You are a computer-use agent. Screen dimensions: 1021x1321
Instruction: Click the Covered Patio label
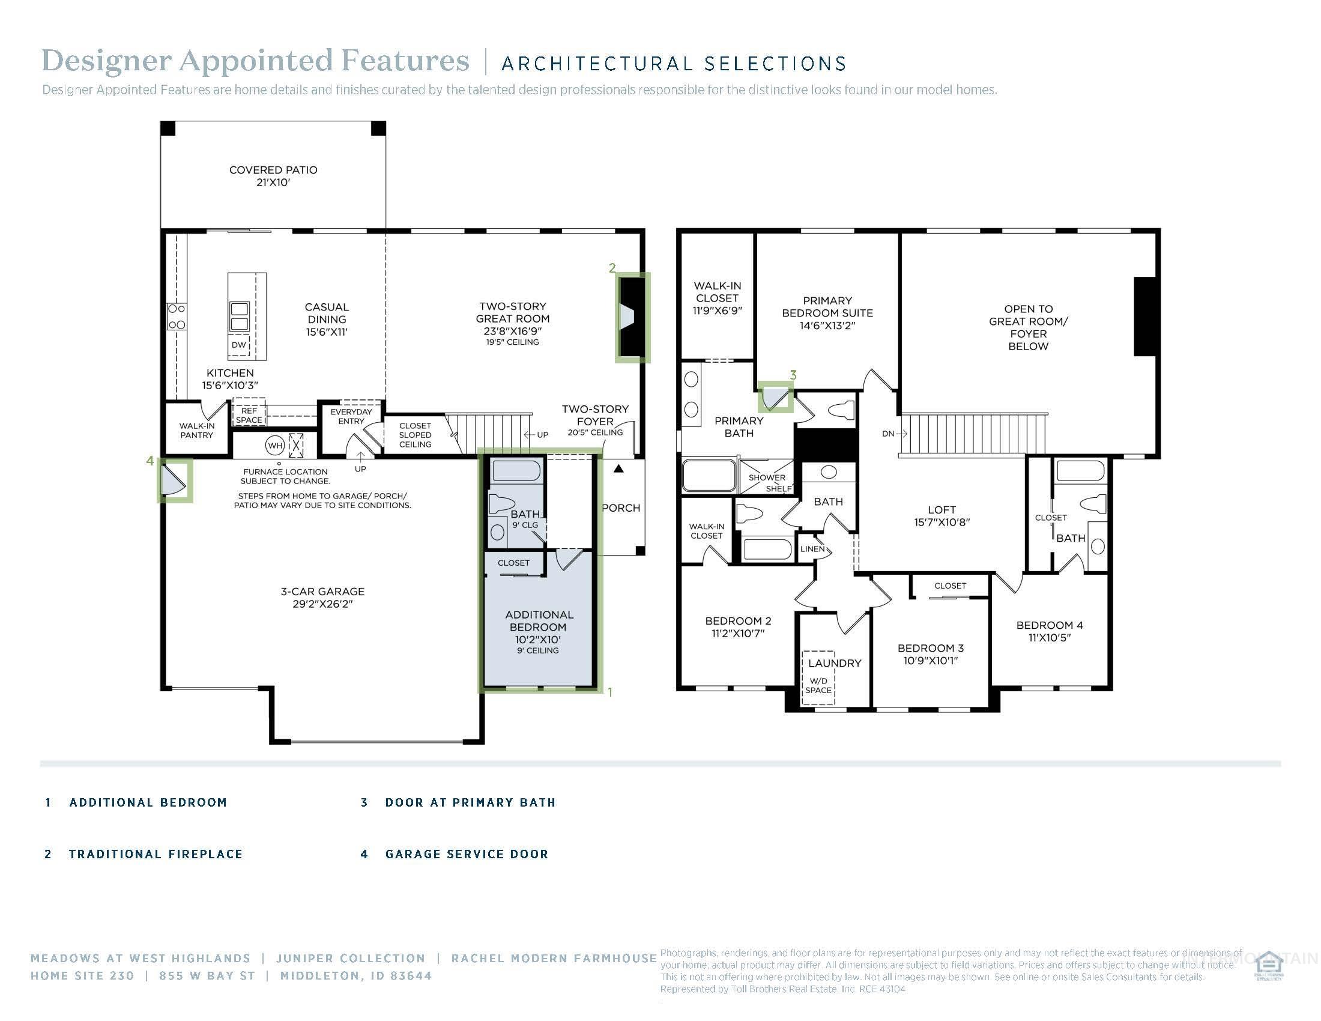pos(273,175)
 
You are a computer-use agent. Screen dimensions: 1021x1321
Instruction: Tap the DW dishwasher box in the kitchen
pos(239,345)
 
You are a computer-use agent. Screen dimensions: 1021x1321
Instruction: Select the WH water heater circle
pos(275,446)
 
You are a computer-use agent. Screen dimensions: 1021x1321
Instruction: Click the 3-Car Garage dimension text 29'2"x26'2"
pos(322,604)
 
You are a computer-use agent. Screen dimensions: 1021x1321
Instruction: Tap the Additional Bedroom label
pos(539,620)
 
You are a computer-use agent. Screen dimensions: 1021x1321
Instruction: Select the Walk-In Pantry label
pos(196,430)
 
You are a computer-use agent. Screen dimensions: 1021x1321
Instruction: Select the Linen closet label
pos(812,549)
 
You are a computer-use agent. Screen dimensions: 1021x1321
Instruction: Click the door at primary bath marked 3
pos(775,397)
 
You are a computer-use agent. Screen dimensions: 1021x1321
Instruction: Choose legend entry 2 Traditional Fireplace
pos(156,854)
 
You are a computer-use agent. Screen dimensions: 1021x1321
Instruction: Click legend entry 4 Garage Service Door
pos(467,854)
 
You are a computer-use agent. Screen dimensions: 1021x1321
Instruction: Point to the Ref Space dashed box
pos(249,415)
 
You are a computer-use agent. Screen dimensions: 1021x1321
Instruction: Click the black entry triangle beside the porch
pos(618,468)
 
